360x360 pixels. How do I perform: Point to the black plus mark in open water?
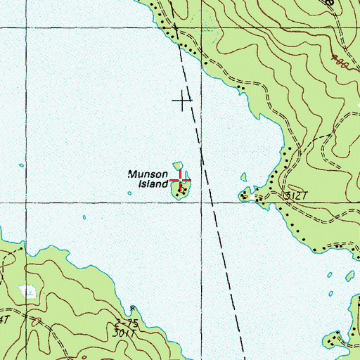click(182, 101)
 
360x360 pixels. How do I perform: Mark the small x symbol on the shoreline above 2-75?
click(133, 307)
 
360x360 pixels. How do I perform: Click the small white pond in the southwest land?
click(27, 290)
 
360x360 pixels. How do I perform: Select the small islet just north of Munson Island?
click(177, 167)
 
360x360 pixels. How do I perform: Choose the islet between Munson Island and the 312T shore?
click(243, 177)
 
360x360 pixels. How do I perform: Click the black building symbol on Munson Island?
click(182, 188)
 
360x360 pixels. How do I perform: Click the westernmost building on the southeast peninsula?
click(337, 335)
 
